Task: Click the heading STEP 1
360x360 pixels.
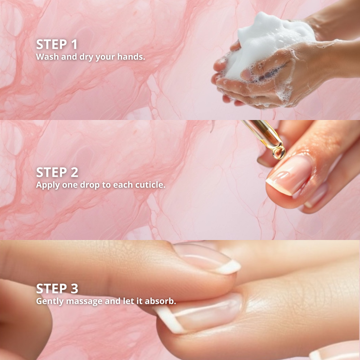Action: (57, 44)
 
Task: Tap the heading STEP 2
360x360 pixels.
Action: (57, 172)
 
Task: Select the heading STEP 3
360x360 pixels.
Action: (57, 288)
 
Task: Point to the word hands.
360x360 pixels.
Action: (131, 57)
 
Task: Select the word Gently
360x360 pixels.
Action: (50, 301)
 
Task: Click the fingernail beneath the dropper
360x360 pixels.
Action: (290, 174)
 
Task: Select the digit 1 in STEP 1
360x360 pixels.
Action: (74, 44)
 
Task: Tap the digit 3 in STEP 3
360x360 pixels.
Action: (75, 288)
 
